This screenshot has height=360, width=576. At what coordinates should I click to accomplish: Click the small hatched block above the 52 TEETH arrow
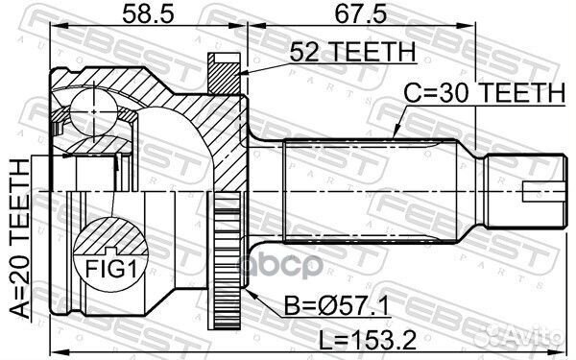tap(223, 67)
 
